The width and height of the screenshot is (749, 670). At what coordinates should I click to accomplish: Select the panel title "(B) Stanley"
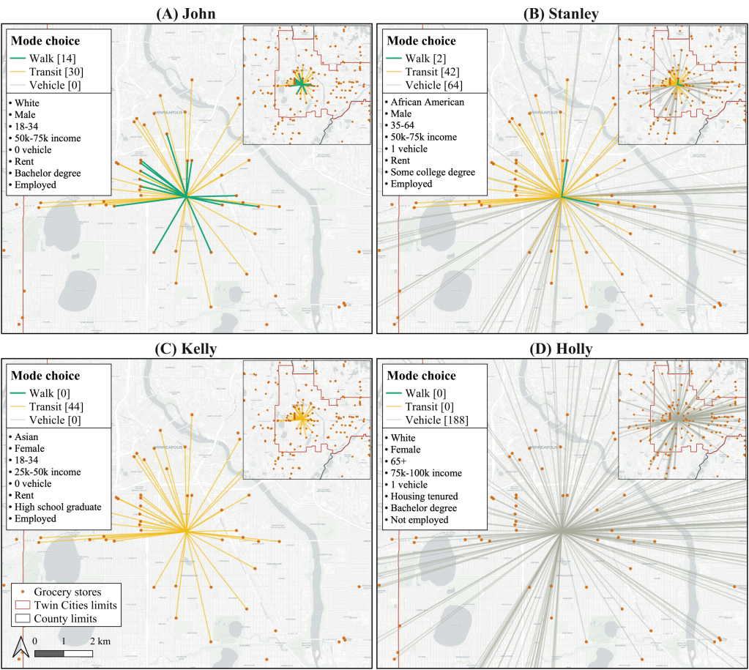click(562, 13)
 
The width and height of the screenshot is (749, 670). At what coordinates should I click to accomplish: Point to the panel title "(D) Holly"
click(562, 349)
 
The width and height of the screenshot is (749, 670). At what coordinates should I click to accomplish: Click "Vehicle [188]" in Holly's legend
click(438, 420)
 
